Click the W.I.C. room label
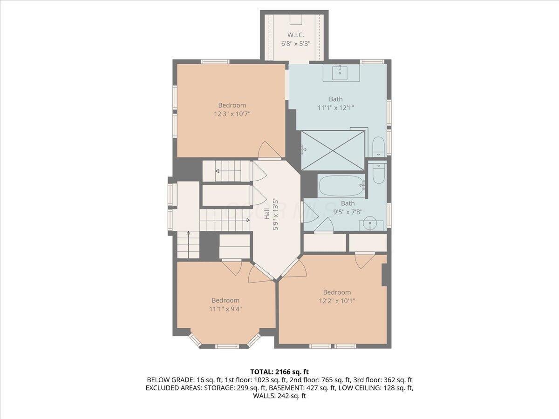(x=296, y=35)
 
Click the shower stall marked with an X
(x=333, y=150)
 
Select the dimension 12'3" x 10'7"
(x=232, y=114)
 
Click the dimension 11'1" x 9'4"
(x=226, y=309)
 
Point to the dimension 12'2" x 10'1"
(x=337, y=301)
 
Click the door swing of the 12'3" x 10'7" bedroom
(x=269, y=150)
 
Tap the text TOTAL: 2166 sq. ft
(x=279, y=372)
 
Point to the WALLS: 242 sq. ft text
(x=279, y=396)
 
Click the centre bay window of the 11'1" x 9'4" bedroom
(x=226, y=346)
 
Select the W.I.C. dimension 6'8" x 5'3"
(x=296, y=44)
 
